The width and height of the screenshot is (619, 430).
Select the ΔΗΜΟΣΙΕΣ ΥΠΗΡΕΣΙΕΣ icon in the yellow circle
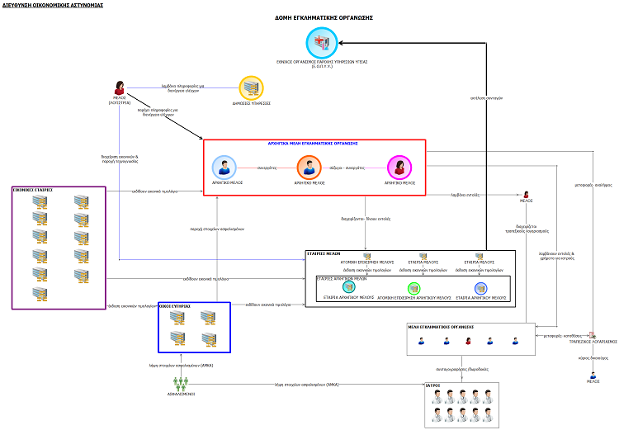click(x=251, y=88)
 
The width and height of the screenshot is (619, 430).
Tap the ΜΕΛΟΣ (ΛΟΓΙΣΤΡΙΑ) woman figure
click(x=120, y=87)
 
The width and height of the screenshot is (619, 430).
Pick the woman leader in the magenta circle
click(x=399, y=167)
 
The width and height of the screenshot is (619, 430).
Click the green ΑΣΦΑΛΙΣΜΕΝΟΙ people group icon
click(x=182, y=383)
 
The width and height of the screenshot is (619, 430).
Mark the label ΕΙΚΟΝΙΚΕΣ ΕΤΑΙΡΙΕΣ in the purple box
click(x=33, y=190)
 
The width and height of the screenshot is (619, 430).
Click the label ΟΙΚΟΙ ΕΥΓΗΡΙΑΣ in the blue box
click(x=175, y=305)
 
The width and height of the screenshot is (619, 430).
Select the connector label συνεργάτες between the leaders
click(x=267, y=166)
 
